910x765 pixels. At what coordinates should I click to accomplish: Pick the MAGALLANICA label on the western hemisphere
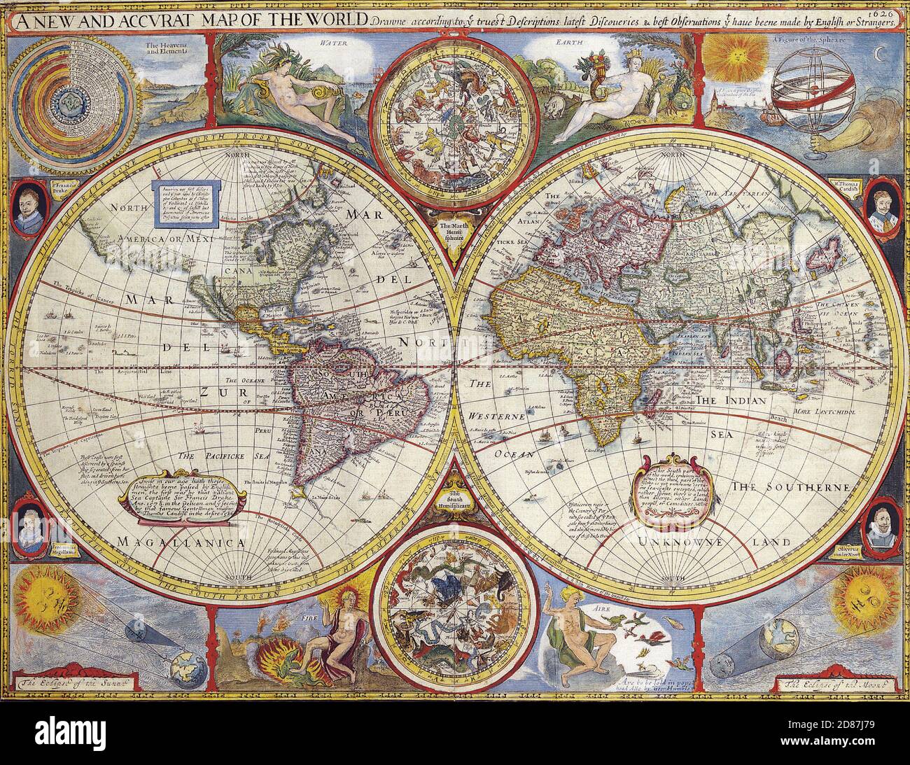[x=181, y=542]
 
